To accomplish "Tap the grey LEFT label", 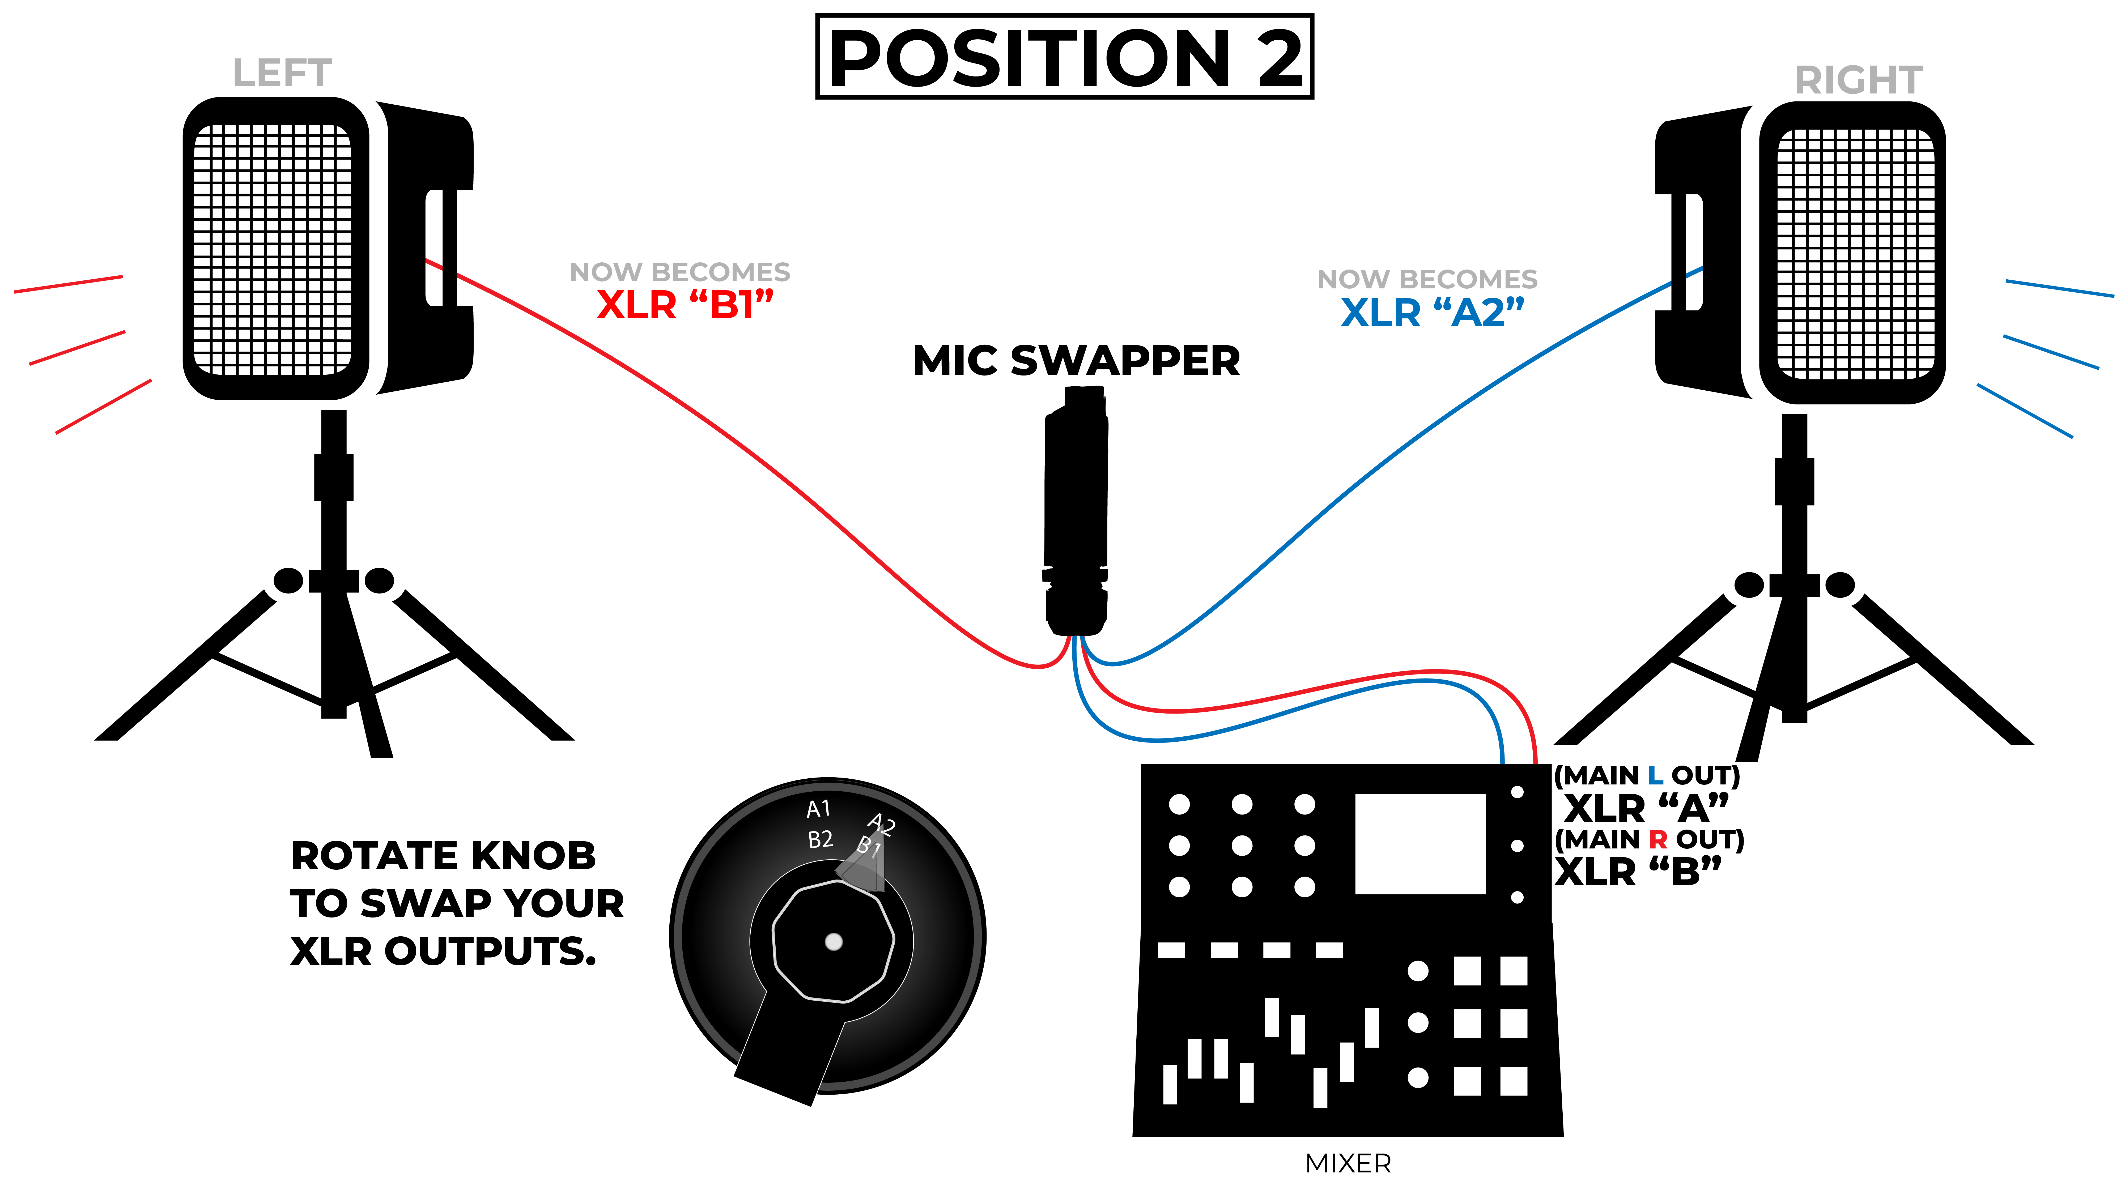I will (x=282, y=73).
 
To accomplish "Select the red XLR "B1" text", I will (x=685, y=305).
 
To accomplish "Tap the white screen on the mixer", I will (x=1420, y=844).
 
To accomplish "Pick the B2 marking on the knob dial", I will (x=820, y=839).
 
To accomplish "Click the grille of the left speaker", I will (x=272, y=249).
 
